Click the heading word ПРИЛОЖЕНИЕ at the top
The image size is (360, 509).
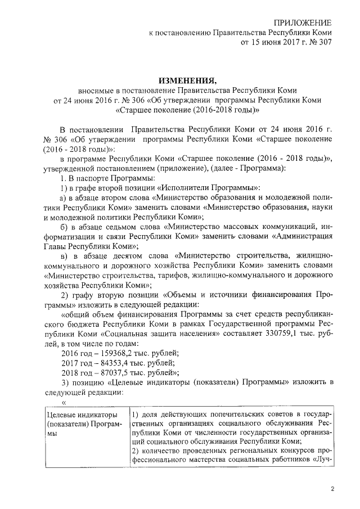pos(298,22)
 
